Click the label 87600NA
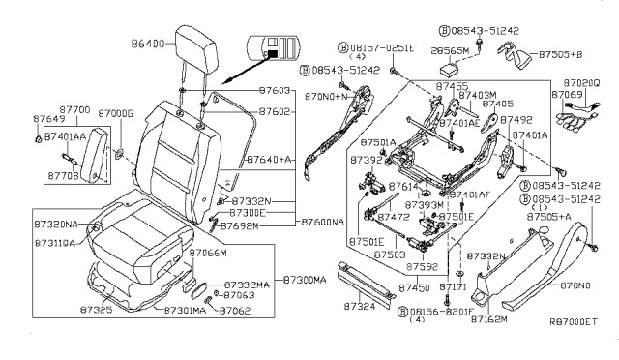click(x=322, y=222)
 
